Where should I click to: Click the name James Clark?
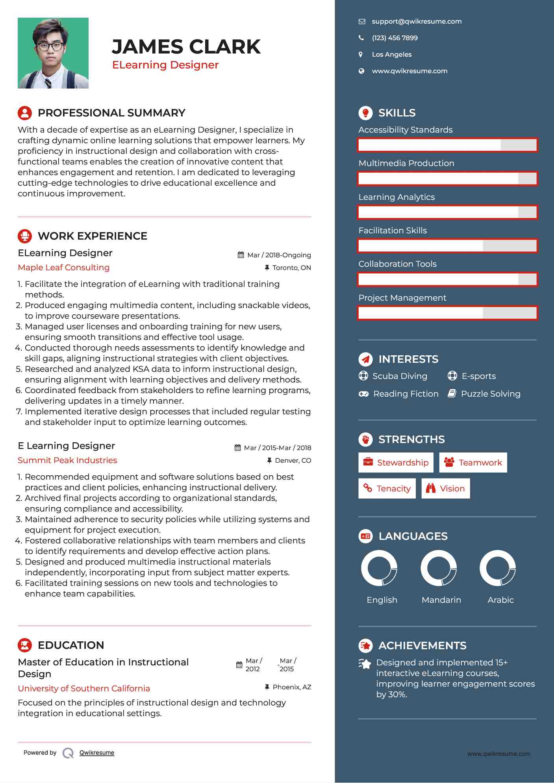click(186, 47)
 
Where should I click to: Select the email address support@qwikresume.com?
click(416, 22)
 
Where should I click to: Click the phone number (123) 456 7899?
click(395, 38)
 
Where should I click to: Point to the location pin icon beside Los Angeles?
click(361, 55)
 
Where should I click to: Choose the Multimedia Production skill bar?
click(447, 179)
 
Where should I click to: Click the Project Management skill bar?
click(447, 313)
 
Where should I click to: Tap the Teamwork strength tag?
click(473, 463)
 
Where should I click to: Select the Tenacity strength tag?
click(387, 489)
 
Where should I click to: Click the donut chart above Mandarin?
click(438, 568)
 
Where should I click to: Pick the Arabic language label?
click(500, 600)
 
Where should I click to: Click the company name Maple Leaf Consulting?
click(64, 268)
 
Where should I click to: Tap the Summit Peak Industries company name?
click(67, 460)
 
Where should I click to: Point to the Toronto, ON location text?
click(291, 268)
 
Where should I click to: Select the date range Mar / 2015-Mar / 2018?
click(277, 448)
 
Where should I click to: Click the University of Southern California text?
click(84, 689)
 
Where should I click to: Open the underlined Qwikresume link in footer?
click(97, 753)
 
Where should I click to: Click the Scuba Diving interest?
click(399, 376)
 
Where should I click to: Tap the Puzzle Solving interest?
click(490, 394)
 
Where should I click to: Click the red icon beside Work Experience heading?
click(25, 236)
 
